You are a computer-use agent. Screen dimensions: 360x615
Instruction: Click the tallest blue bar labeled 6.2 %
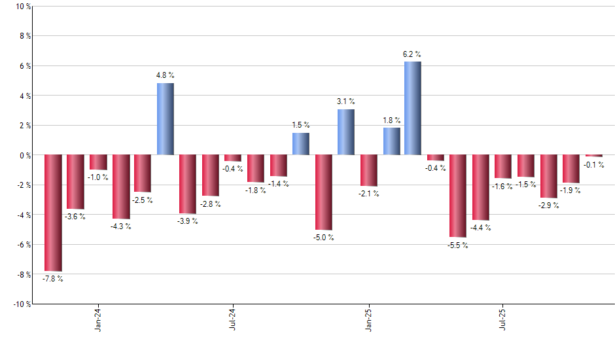tap(413, 108)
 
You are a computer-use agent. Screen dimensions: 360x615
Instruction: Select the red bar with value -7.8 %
tap(53, 213)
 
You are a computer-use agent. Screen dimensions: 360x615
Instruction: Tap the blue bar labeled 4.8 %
tap(166, 119)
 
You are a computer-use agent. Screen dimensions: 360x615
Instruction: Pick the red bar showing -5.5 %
tap(458, 196)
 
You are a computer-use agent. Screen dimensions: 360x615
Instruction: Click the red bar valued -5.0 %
tap(323, 192)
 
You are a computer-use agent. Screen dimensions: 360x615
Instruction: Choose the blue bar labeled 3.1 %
tap(346, 132)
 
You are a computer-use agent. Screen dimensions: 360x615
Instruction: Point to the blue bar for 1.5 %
tap(301, 144)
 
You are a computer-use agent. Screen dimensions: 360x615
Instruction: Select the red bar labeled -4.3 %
tap(121, 187)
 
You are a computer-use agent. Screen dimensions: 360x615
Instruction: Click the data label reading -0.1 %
tap(594, 165)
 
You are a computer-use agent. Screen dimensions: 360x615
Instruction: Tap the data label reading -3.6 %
tap(75, 217)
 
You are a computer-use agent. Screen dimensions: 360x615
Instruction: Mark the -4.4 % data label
tap(482, 228)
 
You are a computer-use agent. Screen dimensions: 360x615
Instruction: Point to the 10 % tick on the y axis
tap(23, 7)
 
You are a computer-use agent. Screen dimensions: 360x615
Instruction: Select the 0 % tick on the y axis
tap(24, 155)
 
